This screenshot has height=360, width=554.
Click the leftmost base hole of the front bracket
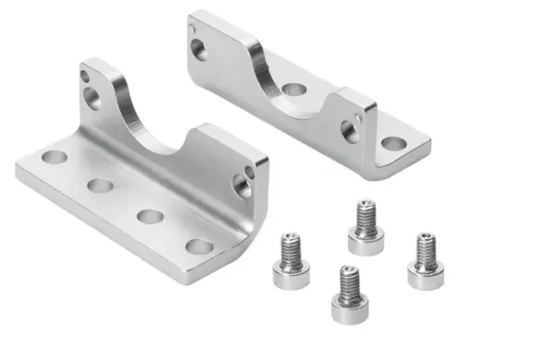(54, 157)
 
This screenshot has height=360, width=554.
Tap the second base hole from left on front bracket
(100, 186)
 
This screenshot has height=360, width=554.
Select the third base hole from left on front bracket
(150, 216)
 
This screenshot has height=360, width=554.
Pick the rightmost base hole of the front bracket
(199, 246)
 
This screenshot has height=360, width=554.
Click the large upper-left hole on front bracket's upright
(92, 97)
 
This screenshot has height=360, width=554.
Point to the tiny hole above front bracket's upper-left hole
(85, 76)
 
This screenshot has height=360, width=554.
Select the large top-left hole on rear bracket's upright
(199, 49)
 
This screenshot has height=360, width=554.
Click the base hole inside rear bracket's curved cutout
(295, 90)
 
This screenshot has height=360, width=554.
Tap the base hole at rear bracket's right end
(393, 143)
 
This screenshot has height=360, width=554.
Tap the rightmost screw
(426, 261)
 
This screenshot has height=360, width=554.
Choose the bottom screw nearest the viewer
(349, 294)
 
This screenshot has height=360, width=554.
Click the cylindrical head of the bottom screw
(349, 307)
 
